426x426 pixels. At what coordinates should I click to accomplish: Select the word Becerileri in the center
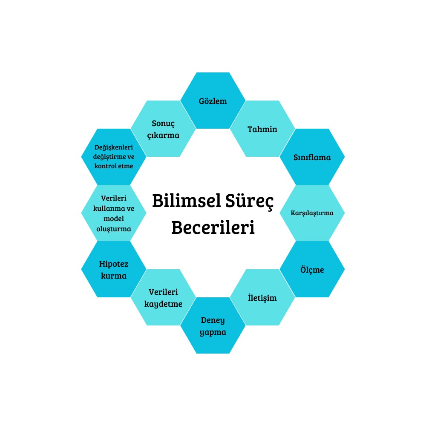tap(213, 227)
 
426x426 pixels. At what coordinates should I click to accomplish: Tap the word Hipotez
tap(114, 264)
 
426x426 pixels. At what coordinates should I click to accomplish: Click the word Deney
tap(213, 320)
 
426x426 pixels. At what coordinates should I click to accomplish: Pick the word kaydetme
tap(164, 304)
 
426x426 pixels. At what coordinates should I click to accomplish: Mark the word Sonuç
tap(164, 123)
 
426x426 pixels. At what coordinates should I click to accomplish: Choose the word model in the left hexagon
tap(114, 218)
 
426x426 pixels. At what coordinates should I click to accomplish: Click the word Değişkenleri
tap(114, 147)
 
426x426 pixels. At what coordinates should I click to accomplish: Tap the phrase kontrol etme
tap(114, 166)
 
